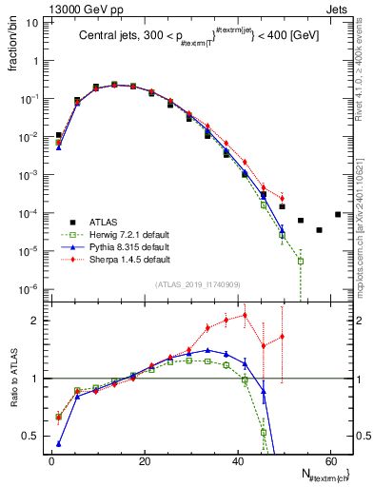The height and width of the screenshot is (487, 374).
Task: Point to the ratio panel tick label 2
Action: (36, 321)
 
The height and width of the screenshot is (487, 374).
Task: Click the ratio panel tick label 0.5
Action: (31, 436)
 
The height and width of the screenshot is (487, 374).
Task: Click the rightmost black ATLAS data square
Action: (338, 214)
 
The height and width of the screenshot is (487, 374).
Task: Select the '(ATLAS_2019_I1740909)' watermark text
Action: (195, 284)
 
